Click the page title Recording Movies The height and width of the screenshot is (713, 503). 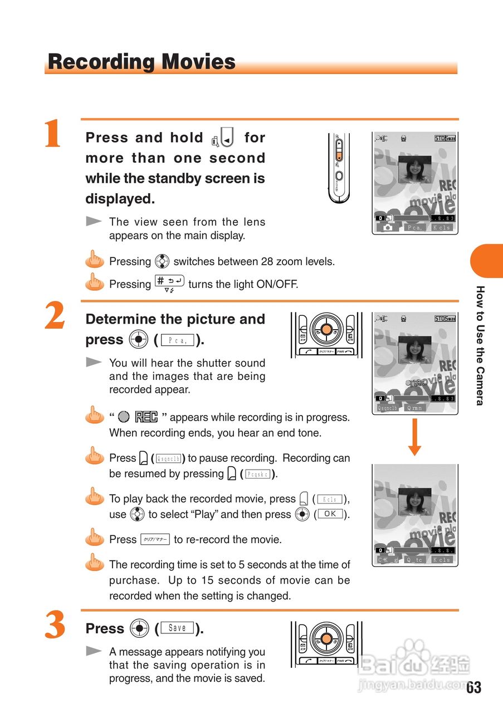[x=141, y=61]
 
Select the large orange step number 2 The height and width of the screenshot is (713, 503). [x=55, y=318]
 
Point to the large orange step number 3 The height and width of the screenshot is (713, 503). [x=55, y=626]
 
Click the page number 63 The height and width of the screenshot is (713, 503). [x=473, y=687]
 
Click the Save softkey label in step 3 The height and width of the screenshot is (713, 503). [x=177, y=628]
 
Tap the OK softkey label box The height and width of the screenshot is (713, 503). [x=330, y=514]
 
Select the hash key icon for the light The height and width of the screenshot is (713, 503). [x=169, y=283]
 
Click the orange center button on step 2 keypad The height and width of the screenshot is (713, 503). [x=326, y=329]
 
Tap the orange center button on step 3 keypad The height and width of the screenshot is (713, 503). [x=326, y=639]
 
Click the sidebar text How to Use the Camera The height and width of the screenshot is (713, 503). [x=480, y=345]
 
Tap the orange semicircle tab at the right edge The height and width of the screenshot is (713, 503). [x=488, y=261]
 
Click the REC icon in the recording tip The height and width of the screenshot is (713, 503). [x=146, y=417]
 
